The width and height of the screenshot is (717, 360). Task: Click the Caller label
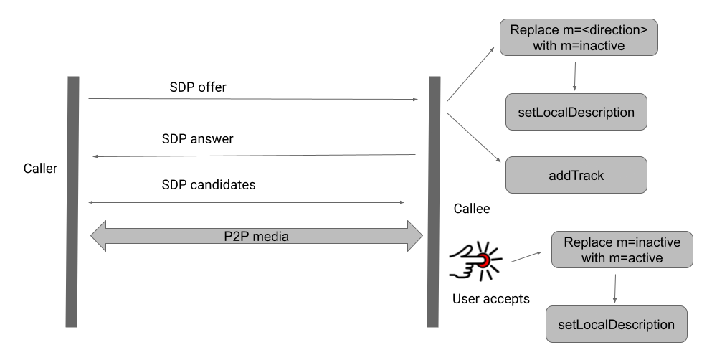[39, 169]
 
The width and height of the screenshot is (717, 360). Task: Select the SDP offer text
[199, 87]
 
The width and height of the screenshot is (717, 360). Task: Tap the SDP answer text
[197, 138]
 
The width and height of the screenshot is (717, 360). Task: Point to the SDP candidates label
[209, 184]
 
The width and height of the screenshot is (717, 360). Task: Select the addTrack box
[576, 175]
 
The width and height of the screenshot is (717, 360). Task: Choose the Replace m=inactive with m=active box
[622, 249]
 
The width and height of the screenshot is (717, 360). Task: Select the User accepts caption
[491, 298]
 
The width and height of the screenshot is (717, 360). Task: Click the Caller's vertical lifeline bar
[72, 201]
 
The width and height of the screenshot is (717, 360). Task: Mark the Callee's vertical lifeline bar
[434, 201]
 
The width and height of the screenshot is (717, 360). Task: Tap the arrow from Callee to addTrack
[473, 137]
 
